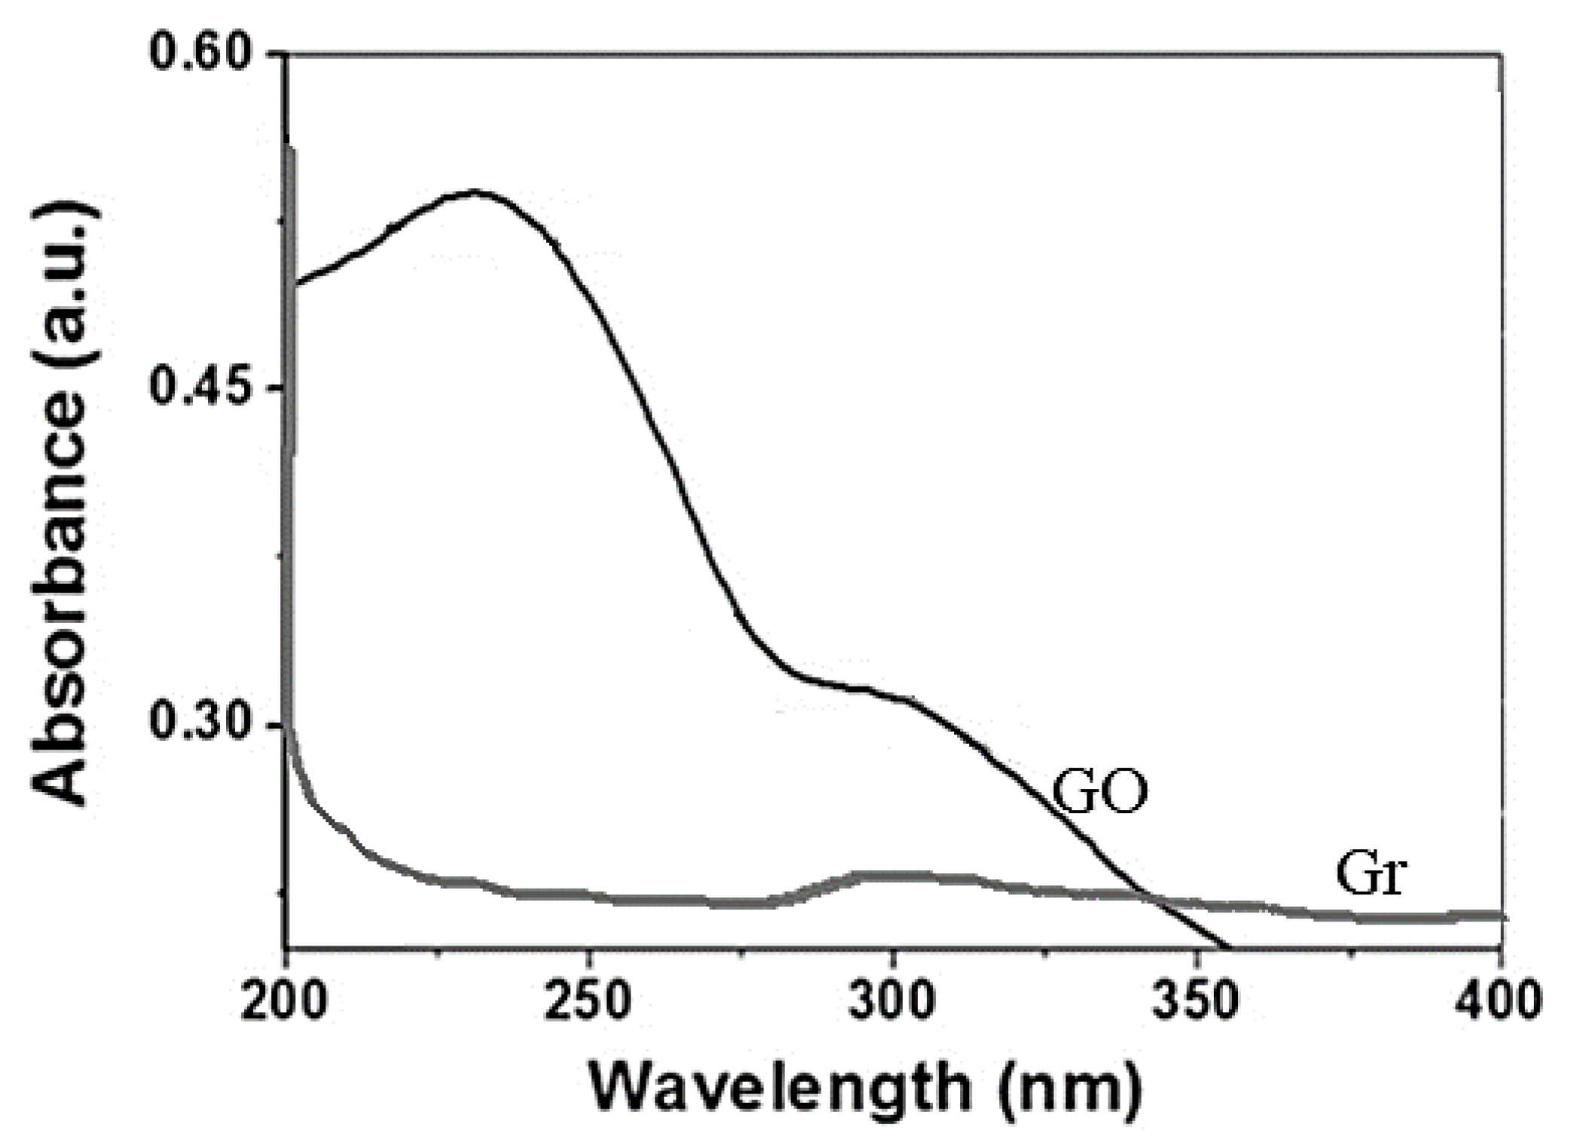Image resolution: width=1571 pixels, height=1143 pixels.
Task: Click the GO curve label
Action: (x=1099, y=793)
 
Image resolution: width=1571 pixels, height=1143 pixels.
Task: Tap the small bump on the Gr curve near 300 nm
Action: (x=889, y=877)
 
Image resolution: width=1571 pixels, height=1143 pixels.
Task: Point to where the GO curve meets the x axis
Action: (x=1230, y=946)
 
